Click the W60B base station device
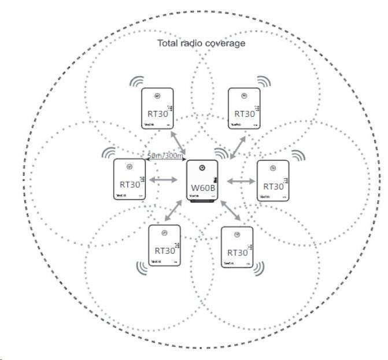click(x=202, y=181)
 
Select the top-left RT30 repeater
click(x=157, y=108)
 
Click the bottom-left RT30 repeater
click(x=165, y=245)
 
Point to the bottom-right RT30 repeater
click(x=237, y=247)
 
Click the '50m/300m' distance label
click(x=165, y=155)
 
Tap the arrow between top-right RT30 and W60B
click(x=237, y=144)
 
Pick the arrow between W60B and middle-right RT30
click(x=240, y=181)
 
